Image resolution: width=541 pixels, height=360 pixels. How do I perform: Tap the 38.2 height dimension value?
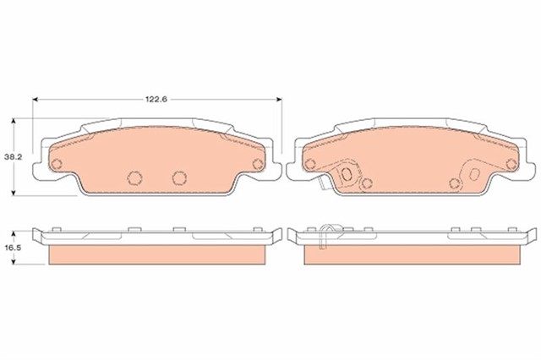tap(12, 157)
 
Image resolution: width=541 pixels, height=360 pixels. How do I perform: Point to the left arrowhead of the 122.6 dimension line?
tap(36, 100)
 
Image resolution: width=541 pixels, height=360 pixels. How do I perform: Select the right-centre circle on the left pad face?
tap(178, 177)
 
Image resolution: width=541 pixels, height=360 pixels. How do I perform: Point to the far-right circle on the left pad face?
tap(257, 164)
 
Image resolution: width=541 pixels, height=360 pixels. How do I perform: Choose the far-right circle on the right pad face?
tap(511, 164)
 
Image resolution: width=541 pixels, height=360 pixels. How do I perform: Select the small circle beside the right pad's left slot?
tap(367, 183)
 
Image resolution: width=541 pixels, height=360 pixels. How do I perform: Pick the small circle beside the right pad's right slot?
tap(454, 183)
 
